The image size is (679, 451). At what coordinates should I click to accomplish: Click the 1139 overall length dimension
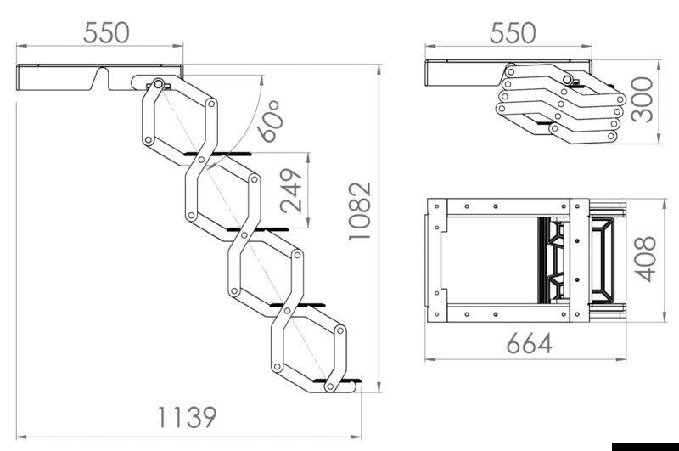tap(186, 417)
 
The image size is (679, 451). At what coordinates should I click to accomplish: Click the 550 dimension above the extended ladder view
tap(106, 32)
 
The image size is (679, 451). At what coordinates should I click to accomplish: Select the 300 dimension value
tap(643, 99)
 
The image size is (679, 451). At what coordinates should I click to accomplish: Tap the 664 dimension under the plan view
tap(530, 343)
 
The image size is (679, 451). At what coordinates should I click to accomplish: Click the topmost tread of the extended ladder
tap(218, 155)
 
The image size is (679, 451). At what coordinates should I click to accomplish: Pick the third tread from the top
tap(301, 303)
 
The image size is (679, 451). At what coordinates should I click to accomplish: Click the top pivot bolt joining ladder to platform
tap(157, 85)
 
